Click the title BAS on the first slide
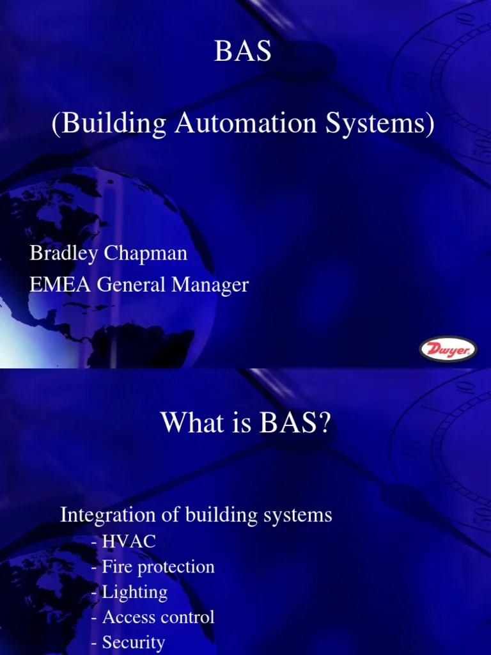(242, 52)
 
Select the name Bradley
(62, 253)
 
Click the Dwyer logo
(447, 350)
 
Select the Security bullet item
(133, 642)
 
